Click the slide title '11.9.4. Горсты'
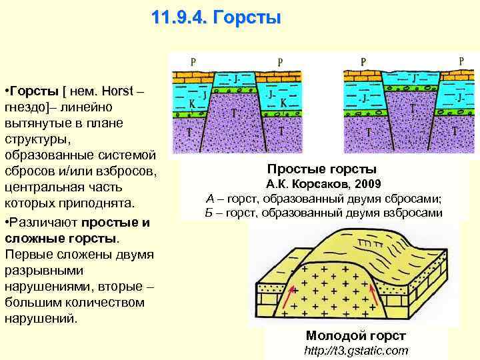pos(216,17)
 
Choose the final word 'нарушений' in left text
pos(41,319)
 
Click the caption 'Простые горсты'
pos(322,169)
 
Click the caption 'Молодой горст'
pos(355,336)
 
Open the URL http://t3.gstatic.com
pos(355,351)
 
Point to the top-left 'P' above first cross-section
pos(193,61)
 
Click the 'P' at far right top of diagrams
pos(461,61)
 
